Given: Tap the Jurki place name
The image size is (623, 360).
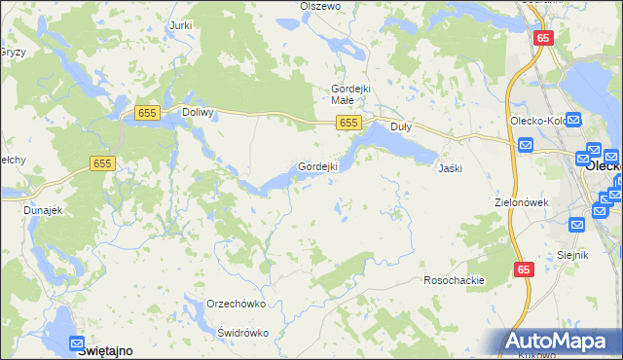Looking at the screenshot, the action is click(x=179, y=24).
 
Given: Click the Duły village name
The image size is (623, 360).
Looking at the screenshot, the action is click(x=400, y=126).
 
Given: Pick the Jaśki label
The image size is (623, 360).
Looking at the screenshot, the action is click(x=450, y=167).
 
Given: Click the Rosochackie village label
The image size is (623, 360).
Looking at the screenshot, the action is click(x=454, y=280).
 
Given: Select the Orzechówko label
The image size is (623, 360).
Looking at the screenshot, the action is click(x=237, y=304).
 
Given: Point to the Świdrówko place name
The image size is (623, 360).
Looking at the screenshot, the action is click(x=242, y=332).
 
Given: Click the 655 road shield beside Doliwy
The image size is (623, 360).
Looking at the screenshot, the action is click(x=148, y=113).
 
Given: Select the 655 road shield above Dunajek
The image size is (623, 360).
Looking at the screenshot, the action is click(x=104, y=164).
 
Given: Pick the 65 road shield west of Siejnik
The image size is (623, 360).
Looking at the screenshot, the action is click(x=524, y=270).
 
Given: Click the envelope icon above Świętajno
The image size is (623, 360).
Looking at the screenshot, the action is click(x=78, y=342).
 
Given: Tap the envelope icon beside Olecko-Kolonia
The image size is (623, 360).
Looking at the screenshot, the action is click(x=572, y=122).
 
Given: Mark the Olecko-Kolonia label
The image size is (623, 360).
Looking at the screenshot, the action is click(x=536, y=121).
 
